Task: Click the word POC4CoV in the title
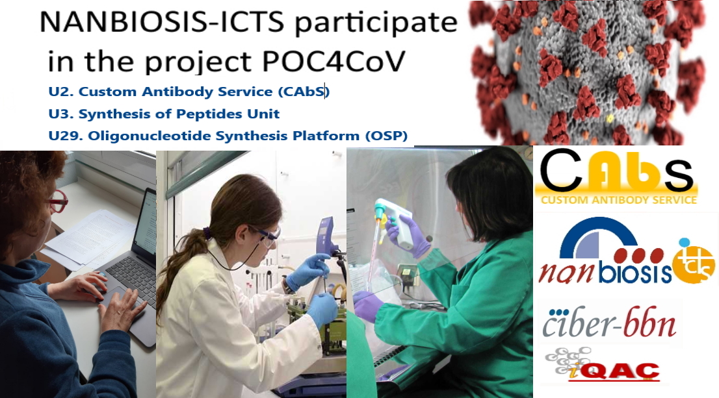point(334,62)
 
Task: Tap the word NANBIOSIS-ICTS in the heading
point(162,21)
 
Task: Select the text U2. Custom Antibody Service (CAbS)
point(189,91)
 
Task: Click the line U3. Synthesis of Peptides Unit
point(164,114)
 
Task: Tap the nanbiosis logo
point(627,251)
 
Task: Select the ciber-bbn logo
point(609,322)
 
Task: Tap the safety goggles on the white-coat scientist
point(267,236)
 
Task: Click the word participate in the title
point(376,23)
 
